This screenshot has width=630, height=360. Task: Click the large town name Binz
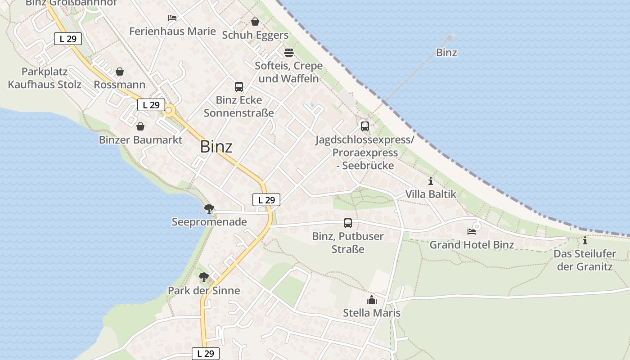pos(216,147)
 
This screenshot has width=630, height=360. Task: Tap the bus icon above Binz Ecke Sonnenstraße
pos(239,87)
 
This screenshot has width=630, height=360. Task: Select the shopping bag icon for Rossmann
pos(120,72)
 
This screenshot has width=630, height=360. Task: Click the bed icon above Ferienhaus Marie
pos(172,18)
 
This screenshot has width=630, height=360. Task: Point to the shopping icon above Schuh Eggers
pos(255,22)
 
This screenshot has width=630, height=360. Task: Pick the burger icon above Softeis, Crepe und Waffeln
pos(288,53)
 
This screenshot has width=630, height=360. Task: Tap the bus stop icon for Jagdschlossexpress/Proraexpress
pos(365,126)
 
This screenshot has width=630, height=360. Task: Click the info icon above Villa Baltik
pos(431,181)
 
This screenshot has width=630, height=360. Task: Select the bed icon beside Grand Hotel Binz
pos(472,232)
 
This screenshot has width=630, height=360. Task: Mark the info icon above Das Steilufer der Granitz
pos(585,240)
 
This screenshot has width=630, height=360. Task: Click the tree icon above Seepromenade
pos(209,208)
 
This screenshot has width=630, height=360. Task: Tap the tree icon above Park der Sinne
pos(204,277)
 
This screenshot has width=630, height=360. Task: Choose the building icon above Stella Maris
pos(372,300)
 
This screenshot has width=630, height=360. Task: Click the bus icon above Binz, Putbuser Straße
pos(348,223)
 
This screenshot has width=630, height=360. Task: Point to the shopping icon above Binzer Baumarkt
pos(140,126)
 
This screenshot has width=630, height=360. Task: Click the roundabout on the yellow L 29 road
pos(169,110)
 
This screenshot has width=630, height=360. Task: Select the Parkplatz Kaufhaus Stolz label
pos(45,78)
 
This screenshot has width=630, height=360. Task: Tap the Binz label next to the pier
pos(446,53)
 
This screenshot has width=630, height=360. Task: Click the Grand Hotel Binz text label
pos(472,245)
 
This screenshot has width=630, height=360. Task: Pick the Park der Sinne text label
pos(204,291)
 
